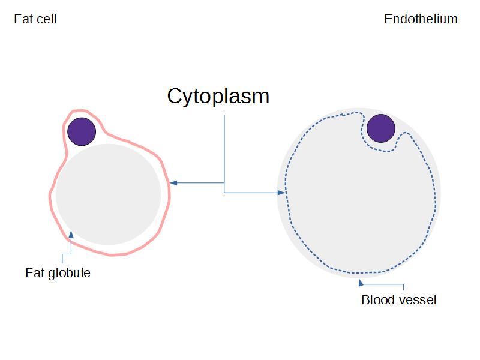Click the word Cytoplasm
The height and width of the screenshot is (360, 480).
click(x=218, y=97)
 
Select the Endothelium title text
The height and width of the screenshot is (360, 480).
click(x=421, y=19)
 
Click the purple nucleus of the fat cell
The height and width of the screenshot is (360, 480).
click(x=82, y=131)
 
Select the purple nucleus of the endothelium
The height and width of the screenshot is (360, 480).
click(x=380, y=128)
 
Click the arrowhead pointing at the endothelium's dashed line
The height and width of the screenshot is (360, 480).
click(x=281, y=193)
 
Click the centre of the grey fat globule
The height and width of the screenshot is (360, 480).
click(x=109, y=194)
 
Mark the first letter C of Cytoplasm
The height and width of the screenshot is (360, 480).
click(x=175, y=97)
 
